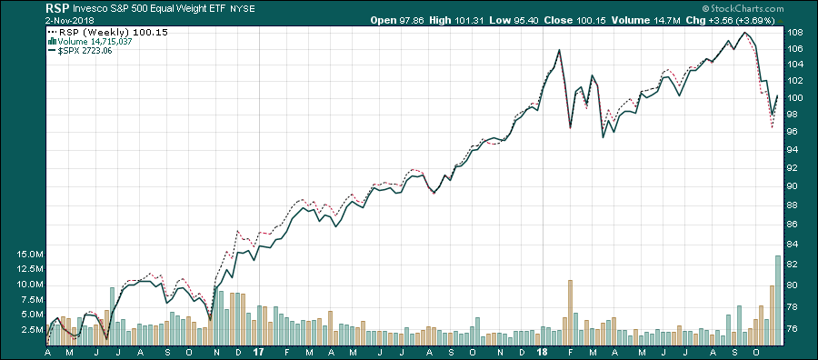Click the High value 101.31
(x=471, y=20)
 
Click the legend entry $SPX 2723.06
(x=87, y=51)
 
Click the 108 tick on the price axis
(x=793, y=32)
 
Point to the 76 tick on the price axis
(x=793, y=330)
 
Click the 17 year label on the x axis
(x=259, y=351)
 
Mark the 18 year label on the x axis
(x=542, y=351)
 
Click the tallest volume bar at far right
(x=778, y=300)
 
